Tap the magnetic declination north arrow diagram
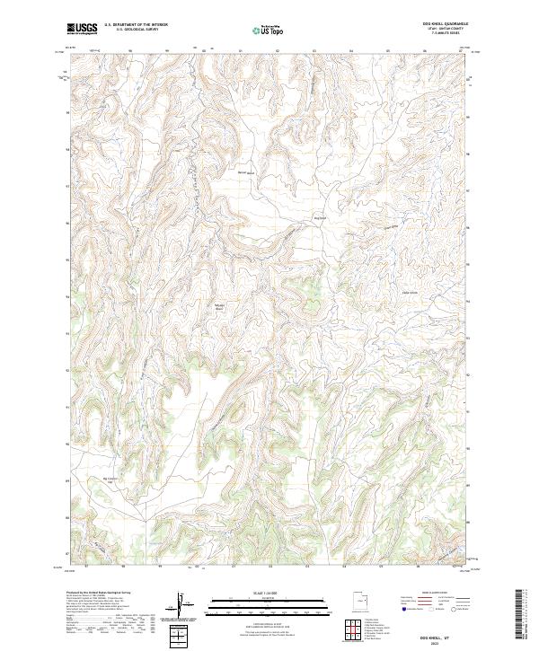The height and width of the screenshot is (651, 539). (181, 605)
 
